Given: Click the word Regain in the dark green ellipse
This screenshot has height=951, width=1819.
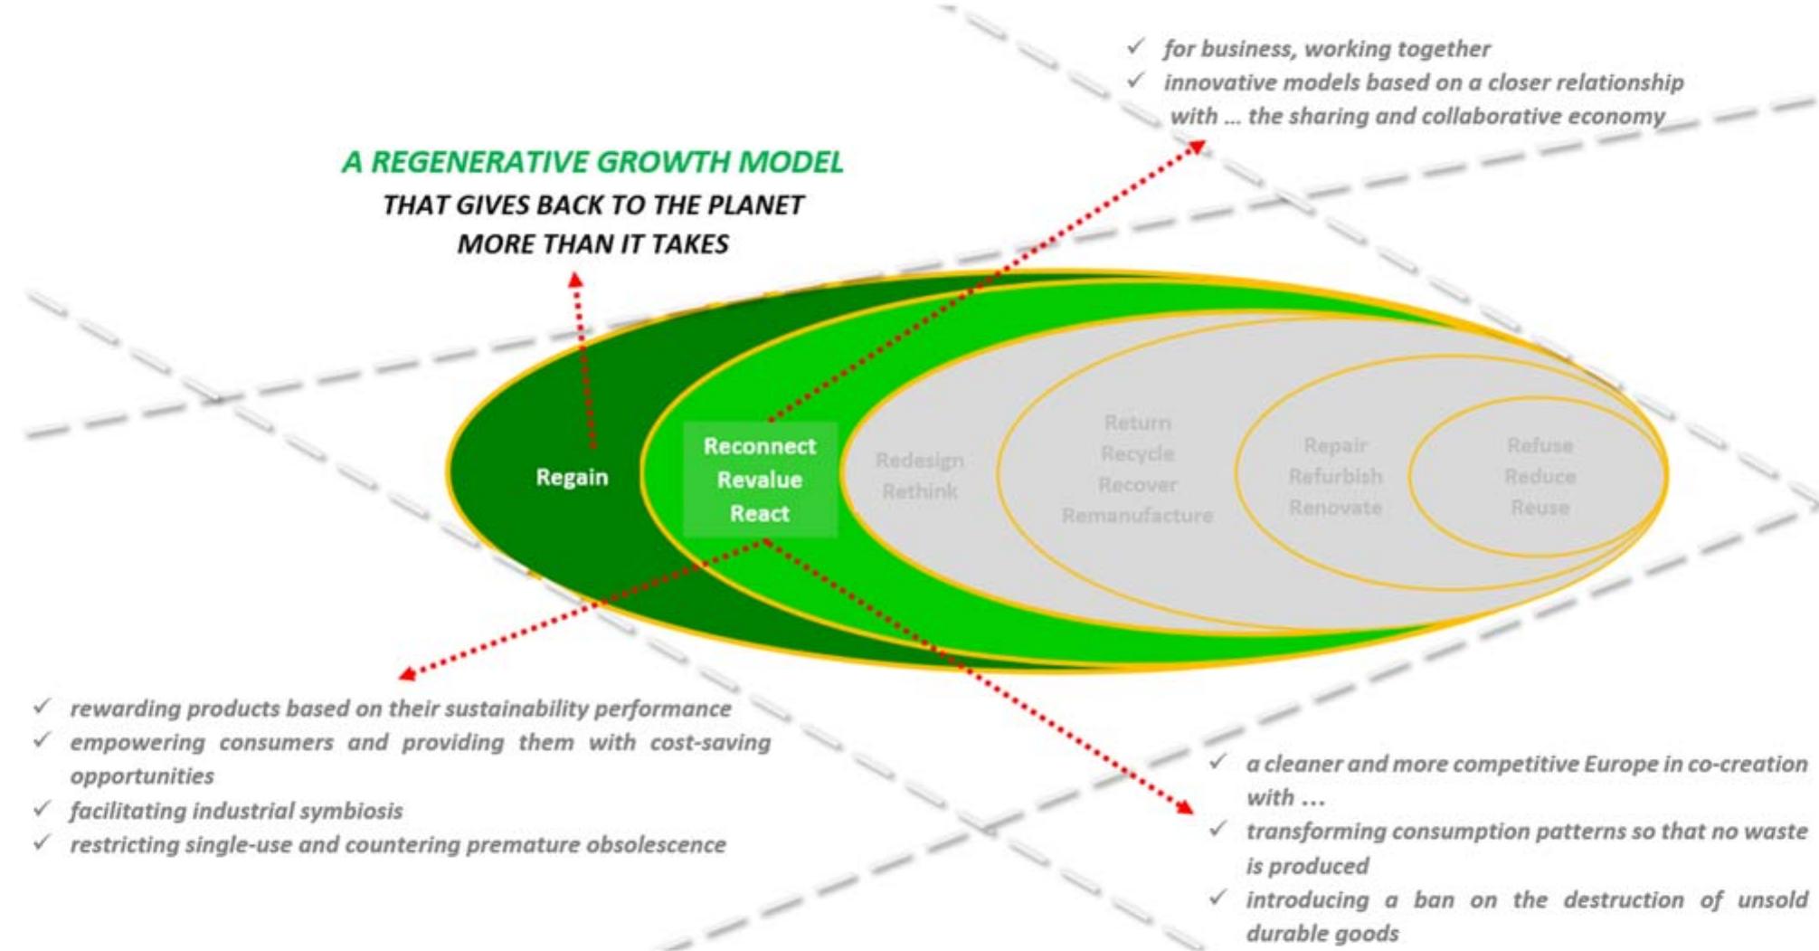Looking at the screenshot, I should [x=572, y=477].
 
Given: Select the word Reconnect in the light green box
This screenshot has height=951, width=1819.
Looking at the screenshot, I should [x=760, y=446].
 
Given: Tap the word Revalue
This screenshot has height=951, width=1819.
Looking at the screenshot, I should [x=760, y=480].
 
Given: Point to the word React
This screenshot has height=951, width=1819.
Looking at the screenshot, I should [x=760, y=513].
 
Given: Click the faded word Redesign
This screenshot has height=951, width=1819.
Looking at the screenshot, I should [x=919, y=461].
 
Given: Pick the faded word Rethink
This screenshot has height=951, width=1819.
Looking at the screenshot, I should [x=919, y=491].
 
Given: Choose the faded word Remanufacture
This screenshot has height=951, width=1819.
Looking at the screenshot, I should [x=1137, y=516].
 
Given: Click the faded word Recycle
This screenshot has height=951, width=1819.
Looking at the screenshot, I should [x=1137, y=453].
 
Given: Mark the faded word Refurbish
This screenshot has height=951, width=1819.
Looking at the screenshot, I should [x=1335, y=476].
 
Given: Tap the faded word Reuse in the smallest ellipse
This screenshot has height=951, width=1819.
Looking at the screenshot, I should [x=1540, y=508].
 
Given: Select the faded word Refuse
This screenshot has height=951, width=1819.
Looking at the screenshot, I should [x=1540, y=445].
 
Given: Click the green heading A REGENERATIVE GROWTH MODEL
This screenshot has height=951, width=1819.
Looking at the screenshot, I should [x=592, y=162].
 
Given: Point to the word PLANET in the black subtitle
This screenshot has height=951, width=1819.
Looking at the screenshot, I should [x=755, y=205].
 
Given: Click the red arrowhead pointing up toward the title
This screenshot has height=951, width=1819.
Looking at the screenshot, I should [x=575, y=281].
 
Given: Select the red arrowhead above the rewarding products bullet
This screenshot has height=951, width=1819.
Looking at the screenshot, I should [x=407, y=673].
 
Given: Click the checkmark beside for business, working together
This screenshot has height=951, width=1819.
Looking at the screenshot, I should [x=1136, y=45].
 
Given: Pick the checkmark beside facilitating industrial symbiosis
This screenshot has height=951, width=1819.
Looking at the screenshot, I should [x=42, y=808].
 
